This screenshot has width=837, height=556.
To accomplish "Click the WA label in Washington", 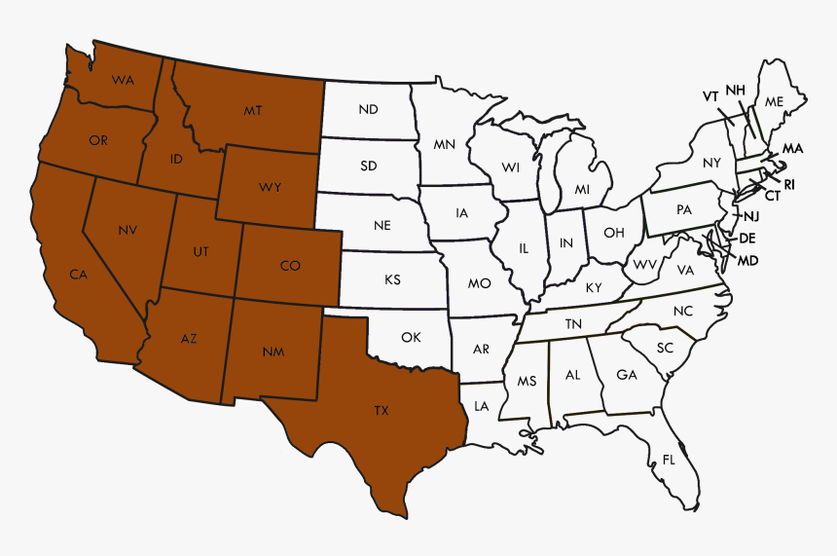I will click(x=123, y=79).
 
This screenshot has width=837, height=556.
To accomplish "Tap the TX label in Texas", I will click(x=381, y=411).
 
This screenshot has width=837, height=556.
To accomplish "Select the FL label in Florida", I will click(x=669, y=459).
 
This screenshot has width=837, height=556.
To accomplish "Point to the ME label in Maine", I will click(x=774, y=102).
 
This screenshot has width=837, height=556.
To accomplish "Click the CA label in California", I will click(x=78, y=275).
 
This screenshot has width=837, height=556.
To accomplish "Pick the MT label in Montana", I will click(x=253, y=111).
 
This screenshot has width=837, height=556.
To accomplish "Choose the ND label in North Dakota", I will click(x=368, y=109).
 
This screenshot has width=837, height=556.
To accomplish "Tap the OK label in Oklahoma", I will click(x=411, y=337).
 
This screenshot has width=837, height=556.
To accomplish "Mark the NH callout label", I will click(x=735, y=91).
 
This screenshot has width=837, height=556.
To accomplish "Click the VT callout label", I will click(x=710, y=96).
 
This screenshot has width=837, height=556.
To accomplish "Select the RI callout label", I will click(x=788, y=183).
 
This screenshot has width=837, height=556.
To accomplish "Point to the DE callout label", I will click(x=747, y=238).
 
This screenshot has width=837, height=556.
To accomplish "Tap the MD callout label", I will click(x=747, y=260).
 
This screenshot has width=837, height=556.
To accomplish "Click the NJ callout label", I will click(x=751, y=216).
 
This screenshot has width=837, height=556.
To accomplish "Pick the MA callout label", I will click(x=792, y=148).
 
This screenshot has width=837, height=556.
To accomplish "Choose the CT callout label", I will click(x=772, y=196).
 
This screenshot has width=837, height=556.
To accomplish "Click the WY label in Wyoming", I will click(x=270, y=186).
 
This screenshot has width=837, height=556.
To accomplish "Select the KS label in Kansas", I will click(x=392, y=279).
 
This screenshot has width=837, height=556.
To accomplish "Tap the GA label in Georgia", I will click(x=627, y=375).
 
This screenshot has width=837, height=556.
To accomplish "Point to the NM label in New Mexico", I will click(x=273, y=352).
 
